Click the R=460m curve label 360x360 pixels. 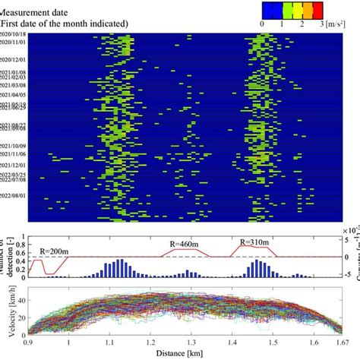pos(185,243)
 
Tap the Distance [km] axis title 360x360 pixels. pos(181,354)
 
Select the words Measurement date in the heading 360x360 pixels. pos(33,11)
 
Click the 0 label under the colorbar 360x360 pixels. pos(262,25)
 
